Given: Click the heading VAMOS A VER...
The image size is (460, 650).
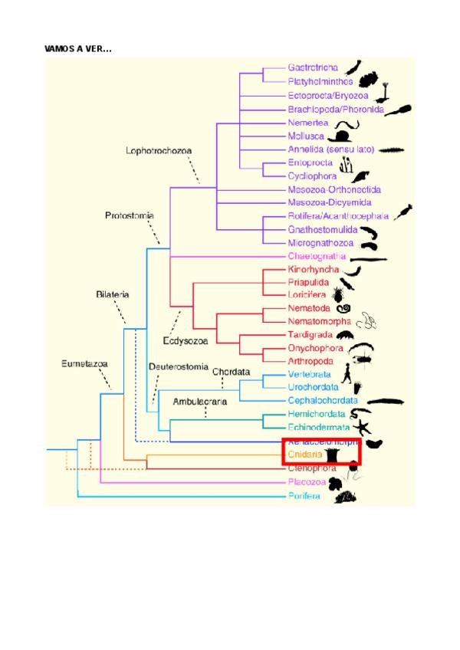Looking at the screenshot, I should pyautogui.click(x=78, y=48).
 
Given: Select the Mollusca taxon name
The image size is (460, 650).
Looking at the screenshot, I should pyautogui.click(x=306, y=135).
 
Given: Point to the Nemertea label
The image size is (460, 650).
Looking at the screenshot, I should pyautogui.click(x=307, y=122).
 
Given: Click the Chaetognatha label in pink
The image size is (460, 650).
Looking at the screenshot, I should pyautogui.click(x=317, y=256).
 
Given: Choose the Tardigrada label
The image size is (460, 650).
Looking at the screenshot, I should pyautogui.click(x=310, y=334).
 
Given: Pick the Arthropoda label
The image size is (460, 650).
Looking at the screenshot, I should pyautogui.click(x=310, y=361).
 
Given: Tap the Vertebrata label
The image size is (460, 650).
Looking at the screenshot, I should pyautogui.click(x=309, y=374).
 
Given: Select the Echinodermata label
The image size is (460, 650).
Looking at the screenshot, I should pyautogui.click(x=318, y=427).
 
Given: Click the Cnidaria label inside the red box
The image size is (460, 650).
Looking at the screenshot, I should pyautogui.click(x=304, y=455).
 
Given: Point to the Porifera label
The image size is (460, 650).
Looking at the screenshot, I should pyautogui.click(x=304, y=496).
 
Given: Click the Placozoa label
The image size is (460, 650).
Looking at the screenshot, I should pyautogui.click(x=306, y=483).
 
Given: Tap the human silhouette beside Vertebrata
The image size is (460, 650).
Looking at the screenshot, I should pyautogui.click(x=347, y=374).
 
